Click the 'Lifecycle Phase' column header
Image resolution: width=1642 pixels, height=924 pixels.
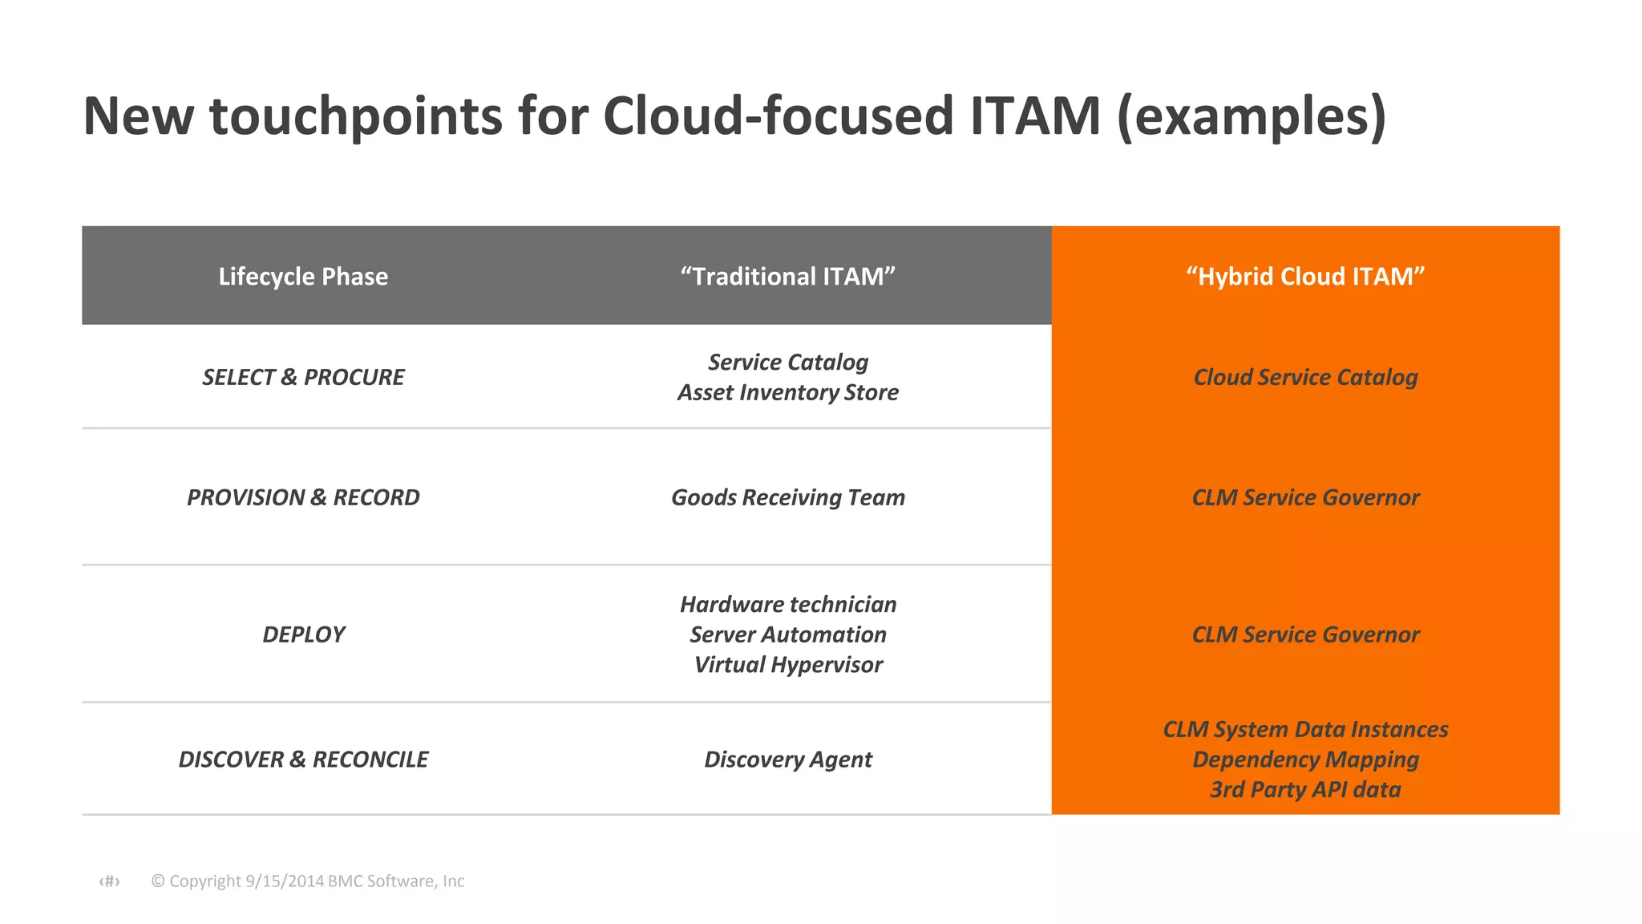tap(303, 277)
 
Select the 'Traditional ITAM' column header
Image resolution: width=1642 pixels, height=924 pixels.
tap(787, 277)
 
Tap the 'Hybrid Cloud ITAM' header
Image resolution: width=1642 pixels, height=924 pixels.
tap(1305, 277)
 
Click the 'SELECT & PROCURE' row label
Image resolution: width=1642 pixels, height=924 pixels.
tap(303, 377)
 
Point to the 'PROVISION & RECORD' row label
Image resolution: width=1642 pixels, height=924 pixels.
tap(303, 497)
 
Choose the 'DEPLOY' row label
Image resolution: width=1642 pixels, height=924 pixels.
tap(303, 634)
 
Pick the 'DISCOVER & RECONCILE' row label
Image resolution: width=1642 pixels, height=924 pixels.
tap(303, 760)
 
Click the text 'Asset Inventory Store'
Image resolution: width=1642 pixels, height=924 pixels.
tap(787, 392)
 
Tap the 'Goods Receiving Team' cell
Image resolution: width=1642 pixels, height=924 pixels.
tap(787, 497)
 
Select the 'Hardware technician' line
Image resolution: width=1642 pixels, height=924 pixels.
tap(787, 604)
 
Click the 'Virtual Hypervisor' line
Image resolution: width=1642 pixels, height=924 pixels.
tap(787, 665)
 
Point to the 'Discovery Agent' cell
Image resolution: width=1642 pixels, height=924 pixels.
tap(787, 760)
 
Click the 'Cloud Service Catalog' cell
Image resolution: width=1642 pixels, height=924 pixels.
tap(1305, 377)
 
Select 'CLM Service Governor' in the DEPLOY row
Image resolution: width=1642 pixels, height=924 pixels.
tap(1305, 634)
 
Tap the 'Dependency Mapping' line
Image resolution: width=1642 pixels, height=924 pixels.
tap(1305, 760)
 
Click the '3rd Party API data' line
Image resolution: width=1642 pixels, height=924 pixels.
tap(1305, 790)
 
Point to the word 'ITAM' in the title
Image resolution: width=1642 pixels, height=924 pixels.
tap(1035, 116)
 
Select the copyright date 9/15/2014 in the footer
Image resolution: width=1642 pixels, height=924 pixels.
tap(285, 881)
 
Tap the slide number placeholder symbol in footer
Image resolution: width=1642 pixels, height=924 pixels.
tap(109, 881)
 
